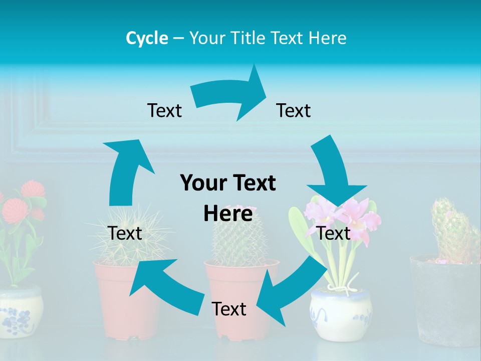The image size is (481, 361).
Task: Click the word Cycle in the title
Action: coord(147,38)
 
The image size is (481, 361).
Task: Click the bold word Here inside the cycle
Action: coord(228,214)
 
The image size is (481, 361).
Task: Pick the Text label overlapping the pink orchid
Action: coord(334,233)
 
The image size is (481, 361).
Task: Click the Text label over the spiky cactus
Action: coord(125,233)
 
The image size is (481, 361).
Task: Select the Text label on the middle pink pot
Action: coord(229,309)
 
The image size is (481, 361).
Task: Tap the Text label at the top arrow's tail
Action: coord(164,110)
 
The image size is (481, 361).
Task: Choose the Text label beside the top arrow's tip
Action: coord(294,110)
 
